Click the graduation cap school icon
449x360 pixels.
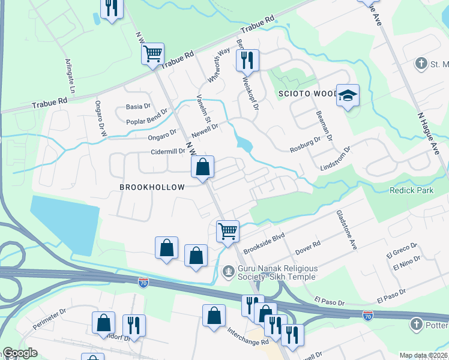[x=348, y=95]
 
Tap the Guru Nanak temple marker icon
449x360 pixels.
[x=228, y=272]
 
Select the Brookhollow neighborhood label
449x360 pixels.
[x=152, y=187]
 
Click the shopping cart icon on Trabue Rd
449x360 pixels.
[x=153, y=53]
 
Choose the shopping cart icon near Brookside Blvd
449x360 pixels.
[x=228, y=230]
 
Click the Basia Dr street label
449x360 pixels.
[x=138, y=106]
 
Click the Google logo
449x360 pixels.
[x=20, y=353]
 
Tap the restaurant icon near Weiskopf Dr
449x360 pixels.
[x=247, y=59]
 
